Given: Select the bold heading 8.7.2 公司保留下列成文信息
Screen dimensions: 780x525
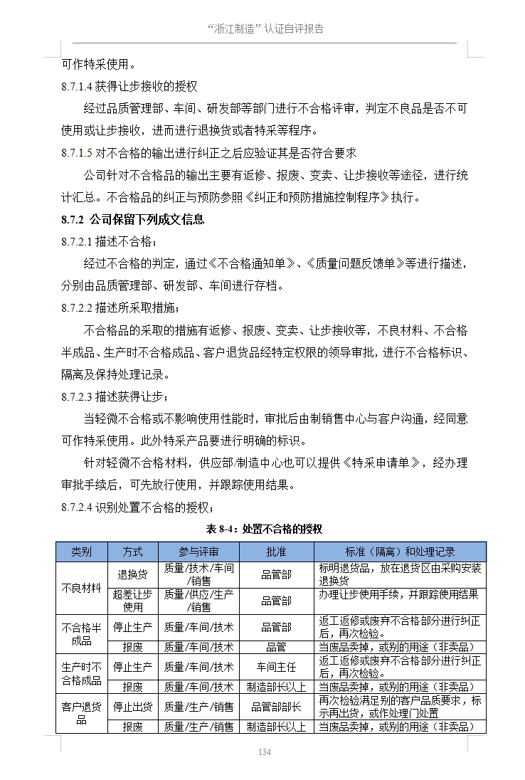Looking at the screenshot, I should [132, 219].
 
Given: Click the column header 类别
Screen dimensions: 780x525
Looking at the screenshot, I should [81, 552].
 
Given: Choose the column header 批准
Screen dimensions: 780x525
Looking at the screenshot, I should [276, 552].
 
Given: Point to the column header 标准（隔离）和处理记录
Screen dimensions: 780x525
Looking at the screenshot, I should [401, 552].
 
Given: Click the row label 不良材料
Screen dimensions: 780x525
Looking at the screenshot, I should [81, 588].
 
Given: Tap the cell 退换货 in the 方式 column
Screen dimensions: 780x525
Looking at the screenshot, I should [132, 574].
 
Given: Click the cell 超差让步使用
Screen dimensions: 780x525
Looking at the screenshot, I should [132, 601].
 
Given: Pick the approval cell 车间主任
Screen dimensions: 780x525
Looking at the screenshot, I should [276, 667].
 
